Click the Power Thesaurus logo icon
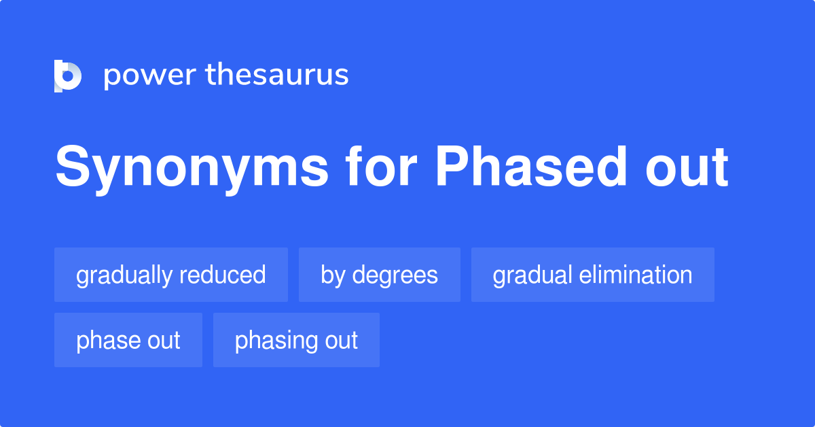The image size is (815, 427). (x=68, y=75)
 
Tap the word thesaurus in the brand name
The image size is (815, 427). (x=277, y=75)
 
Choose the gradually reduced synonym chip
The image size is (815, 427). (x=171, y=275)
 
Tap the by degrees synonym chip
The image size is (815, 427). (x=380, y=275)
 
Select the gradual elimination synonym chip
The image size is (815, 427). (x=593, y=275)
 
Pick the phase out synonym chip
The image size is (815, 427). (x=128, y=340)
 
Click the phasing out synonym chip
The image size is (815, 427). (x=296, y=340)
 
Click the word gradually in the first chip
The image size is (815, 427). (x=124, y=275)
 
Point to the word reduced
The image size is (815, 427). (x=222, y=275)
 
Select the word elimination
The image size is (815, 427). (x=636, y=275)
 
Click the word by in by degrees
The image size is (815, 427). (x=333, y=275)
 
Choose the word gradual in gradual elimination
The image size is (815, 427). (x=532, y=275)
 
